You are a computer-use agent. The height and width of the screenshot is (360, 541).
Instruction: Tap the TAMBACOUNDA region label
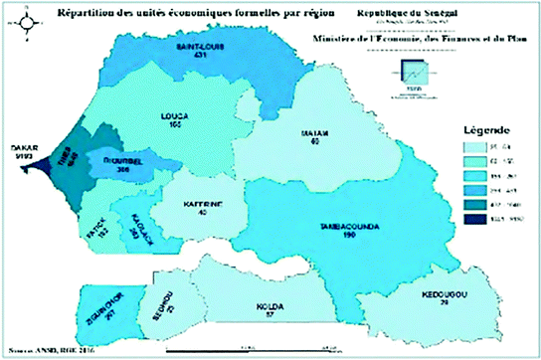click(347, 227)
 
